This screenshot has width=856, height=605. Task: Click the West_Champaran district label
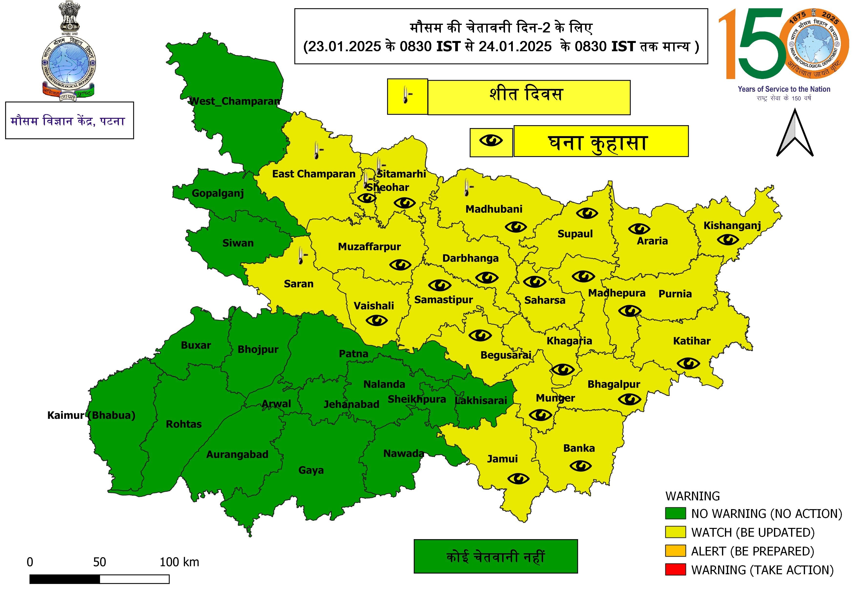235,101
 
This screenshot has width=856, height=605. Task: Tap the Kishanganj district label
732,225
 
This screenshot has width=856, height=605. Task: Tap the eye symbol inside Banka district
580,466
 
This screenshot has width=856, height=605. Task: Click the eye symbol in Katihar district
688,363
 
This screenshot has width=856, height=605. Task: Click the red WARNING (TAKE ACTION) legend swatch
675,570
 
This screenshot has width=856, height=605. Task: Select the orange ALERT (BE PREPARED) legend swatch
675,551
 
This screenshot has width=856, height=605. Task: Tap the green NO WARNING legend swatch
675,513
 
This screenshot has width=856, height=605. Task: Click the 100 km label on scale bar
179,562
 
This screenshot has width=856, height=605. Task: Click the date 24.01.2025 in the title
515,47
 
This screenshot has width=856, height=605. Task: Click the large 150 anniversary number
753,45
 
